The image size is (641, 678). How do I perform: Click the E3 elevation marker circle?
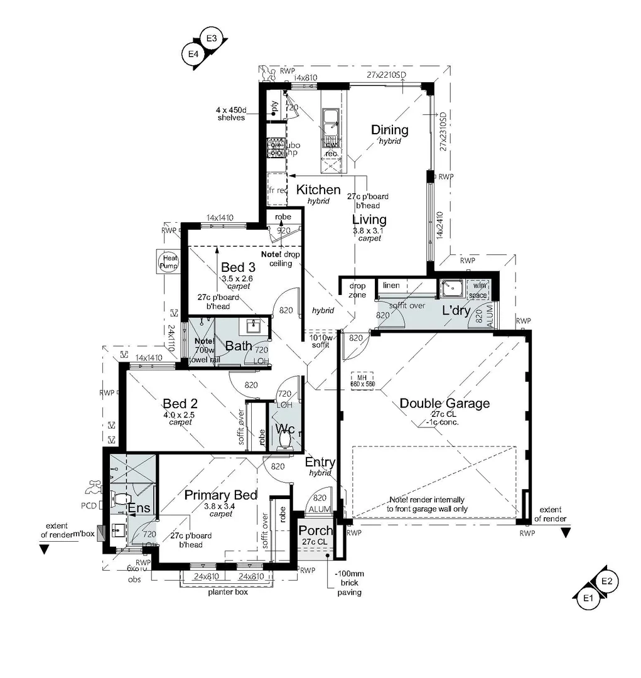coord(211,39)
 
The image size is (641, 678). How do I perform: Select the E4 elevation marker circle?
coord(193,55)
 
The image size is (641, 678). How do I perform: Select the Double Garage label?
coord(444,403)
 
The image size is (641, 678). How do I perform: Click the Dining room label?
coord(389,130)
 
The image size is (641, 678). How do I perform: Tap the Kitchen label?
coord(318,190)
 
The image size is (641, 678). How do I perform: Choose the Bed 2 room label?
coord(180,403)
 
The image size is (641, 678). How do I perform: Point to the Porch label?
coord(315,531)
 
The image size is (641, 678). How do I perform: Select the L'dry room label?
coord(456,310)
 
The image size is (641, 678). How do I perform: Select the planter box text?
coord(228,592)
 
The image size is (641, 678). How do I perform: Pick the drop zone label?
coord(357,290)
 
